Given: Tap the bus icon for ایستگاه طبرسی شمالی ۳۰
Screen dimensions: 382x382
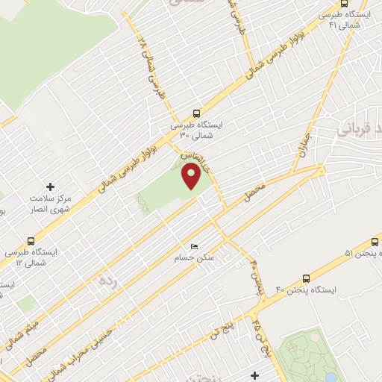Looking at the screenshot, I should point(195,114).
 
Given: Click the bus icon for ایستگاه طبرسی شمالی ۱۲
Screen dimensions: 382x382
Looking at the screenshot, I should point(31,241).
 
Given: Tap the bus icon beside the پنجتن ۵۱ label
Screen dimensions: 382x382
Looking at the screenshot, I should point(375,242).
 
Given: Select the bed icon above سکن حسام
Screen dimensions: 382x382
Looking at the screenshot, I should point(195,246).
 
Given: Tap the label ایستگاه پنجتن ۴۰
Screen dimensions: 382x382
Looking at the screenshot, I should point(307,289).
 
